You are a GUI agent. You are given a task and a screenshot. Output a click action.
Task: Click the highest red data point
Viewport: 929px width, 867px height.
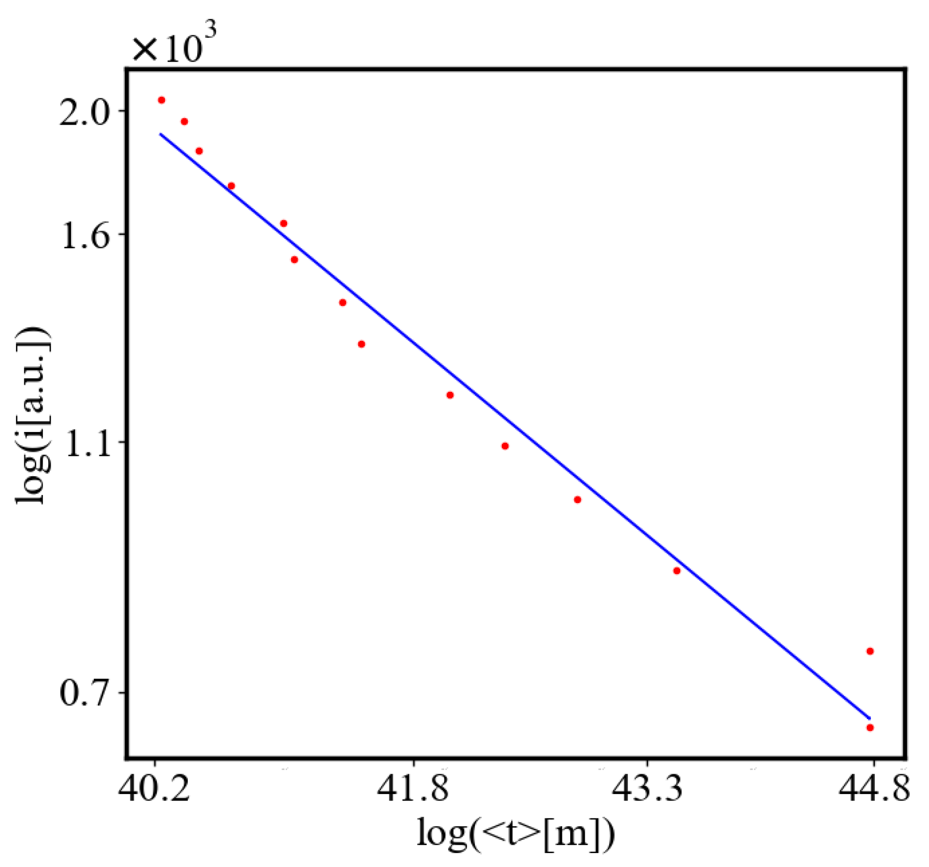(161, 100)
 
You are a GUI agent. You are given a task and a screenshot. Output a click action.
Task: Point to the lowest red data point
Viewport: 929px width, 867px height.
(870, 728)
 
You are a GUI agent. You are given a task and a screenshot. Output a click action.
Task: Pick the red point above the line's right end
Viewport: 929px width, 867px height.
(870, 651)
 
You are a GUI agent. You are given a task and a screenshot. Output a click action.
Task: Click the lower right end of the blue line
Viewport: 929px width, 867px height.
(869, 718)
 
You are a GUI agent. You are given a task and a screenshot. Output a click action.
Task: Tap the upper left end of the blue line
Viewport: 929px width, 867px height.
(160, 134)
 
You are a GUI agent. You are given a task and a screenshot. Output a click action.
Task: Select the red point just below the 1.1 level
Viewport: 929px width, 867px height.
(505, 446)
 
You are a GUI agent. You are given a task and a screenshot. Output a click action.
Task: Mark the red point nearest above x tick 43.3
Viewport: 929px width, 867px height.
(677, 571)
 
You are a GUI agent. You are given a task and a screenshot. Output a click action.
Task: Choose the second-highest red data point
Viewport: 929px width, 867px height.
(184, 122)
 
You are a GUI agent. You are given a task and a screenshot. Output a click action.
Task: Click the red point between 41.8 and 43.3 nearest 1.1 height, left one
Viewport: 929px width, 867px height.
(450, 395)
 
